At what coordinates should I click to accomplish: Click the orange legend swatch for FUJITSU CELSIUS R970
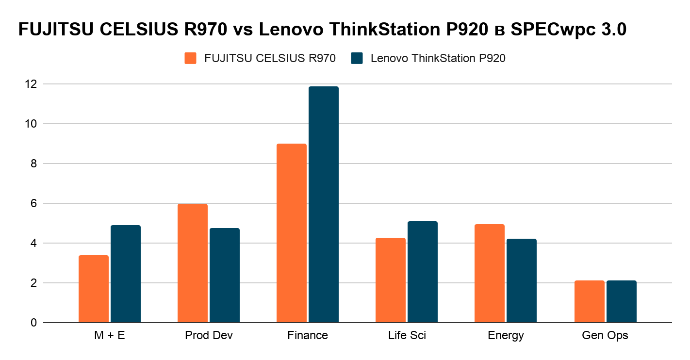[190, 58]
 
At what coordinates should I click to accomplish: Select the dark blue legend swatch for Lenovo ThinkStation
[357, 58]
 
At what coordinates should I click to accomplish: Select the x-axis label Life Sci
[407, 335]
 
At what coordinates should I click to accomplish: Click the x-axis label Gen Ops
[605, 335]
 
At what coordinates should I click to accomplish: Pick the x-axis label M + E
[109, 335]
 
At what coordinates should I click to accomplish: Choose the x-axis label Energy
[506, 335]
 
